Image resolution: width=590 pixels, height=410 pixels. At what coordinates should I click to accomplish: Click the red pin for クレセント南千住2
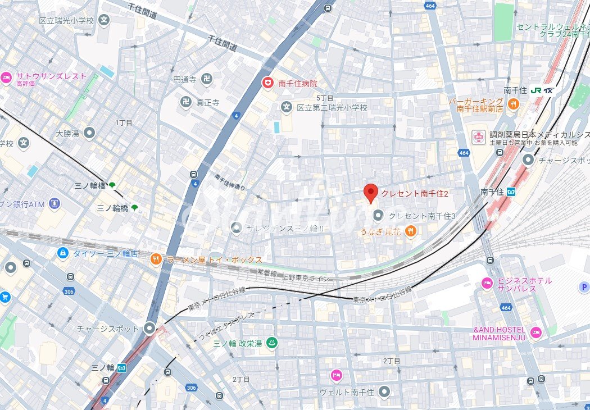pos(370,193)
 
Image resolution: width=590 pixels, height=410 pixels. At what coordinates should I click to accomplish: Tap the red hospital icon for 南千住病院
pos(269,83)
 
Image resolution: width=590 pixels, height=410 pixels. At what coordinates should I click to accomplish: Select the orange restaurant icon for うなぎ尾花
pos(411,230)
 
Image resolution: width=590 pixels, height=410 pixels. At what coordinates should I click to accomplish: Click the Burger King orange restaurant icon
pos(512,104)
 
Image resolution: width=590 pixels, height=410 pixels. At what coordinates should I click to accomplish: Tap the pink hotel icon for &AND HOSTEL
pos(536,332)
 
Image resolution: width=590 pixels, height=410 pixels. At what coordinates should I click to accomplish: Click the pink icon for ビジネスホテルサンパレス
pos(487,284)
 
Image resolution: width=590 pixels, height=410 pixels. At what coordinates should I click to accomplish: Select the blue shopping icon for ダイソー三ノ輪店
pos(63,253)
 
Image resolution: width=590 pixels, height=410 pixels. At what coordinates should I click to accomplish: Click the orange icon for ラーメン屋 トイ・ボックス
pos(156,259)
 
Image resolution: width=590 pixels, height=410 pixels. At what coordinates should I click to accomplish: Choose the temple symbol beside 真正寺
pos(185,102)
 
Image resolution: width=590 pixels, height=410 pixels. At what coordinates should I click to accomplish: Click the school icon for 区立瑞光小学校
pos(104,20)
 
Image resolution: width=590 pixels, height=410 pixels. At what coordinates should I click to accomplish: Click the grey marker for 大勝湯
pos(89,133)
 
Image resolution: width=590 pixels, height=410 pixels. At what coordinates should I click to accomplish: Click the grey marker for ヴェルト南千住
pos(384,391)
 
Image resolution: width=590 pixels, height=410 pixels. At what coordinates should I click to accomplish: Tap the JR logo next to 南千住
pos(535,90)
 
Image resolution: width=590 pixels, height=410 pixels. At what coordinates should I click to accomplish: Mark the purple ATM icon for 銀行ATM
pos(55,203)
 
